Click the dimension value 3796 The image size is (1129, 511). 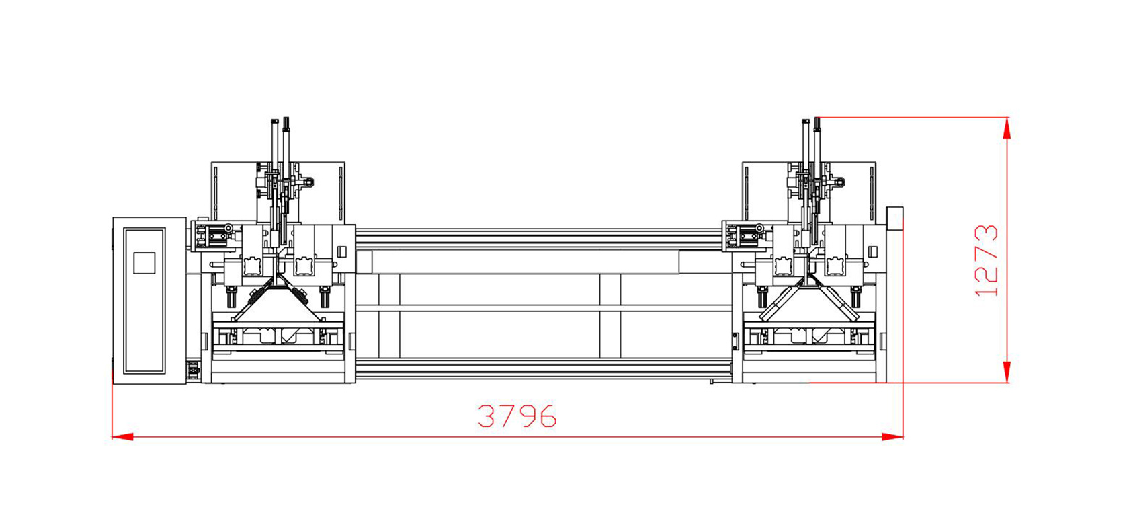tap(517, 417)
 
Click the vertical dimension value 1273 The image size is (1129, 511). tap(986, 261)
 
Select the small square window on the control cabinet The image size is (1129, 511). tap(144, 262)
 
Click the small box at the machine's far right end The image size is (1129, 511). tap(895, 219)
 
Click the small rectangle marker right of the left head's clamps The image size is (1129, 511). tap(341, 252)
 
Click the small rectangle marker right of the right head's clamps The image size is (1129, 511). tap(872, 252)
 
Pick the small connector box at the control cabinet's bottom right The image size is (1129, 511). tap(194, 369)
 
